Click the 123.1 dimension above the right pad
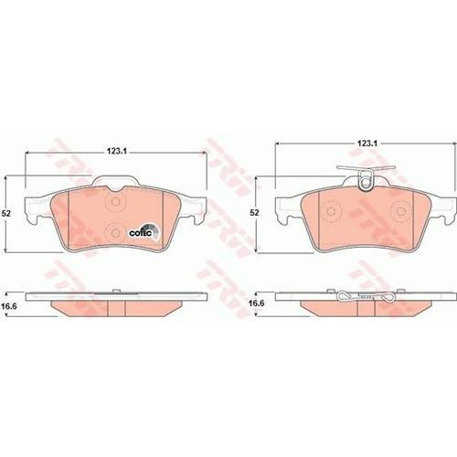[x=367, y=143]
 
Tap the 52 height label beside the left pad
[x=6, y=213]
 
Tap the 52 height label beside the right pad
[x=254, y=212]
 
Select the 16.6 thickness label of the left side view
[x=9, y=306]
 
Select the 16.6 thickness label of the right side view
[x=256, y=303]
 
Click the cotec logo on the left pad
[x=143, y=232]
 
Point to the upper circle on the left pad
[x=115, y=201]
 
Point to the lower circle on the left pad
[x=115, y=233]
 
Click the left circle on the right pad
[x=331, y=211]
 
